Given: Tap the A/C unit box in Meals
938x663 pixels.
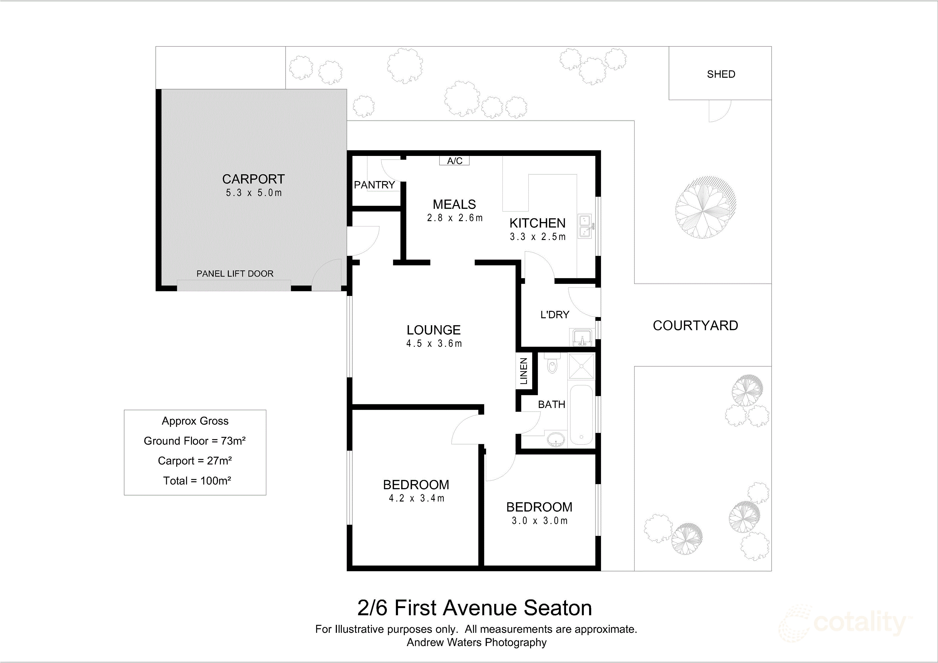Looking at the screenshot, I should click(454, 161).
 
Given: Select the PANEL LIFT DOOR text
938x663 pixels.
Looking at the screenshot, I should click(235, 273).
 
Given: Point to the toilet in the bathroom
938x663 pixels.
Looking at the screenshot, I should click(552, 365).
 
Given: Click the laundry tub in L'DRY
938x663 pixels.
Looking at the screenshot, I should click(581, 338).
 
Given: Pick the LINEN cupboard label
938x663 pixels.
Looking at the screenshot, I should click(523, 371).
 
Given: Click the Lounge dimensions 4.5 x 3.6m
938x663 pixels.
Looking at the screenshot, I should click(434, 344).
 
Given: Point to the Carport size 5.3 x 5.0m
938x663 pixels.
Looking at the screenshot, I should click(254, 193).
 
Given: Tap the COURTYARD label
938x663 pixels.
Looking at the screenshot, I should click(695, 325).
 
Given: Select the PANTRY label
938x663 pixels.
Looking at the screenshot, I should click(374, 185).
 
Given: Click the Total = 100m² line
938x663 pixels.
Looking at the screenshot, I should click(197, 481).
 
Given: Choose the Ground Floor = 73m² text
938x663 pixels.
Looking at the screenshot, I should click(194, 441).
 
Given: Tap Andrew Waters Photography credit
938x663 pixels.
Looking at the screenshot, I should click(476, 642).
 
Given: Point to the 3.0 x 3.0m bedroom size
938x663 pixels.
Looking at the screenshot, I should click(540, 521).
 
